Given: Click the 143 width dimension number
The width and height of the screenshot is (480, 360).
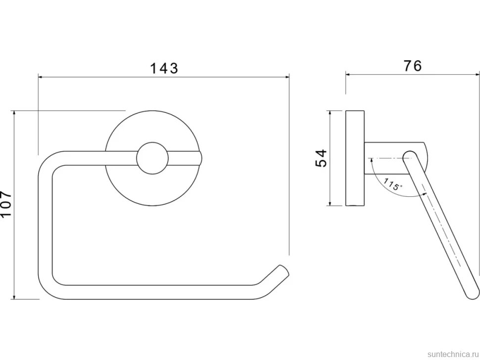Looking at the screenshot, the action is (x=164, y=68).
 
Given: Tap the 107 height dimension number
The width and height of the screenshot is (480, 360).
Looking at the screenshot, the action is (x=6, y=205).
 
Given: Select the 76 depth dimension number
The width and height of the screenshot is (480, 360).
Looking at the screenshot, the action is (x=413, y=66).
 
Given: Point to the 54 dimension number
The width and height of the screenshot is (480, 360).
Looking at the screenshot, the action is (x=321, y=158).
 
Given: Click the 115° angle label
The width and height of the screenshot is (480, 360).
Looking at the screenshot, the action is (x=392, y=184).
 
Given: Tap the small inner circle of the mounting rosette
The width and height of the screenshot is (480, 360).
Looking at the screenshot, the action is (x=152, y=158).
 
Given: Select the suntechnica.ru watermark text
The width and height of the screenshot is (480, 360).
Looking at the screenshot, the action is (x=453, y=354).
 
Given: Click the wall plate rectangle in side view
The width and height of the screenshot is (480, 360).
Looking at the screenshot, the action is (x=355, y=158).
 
